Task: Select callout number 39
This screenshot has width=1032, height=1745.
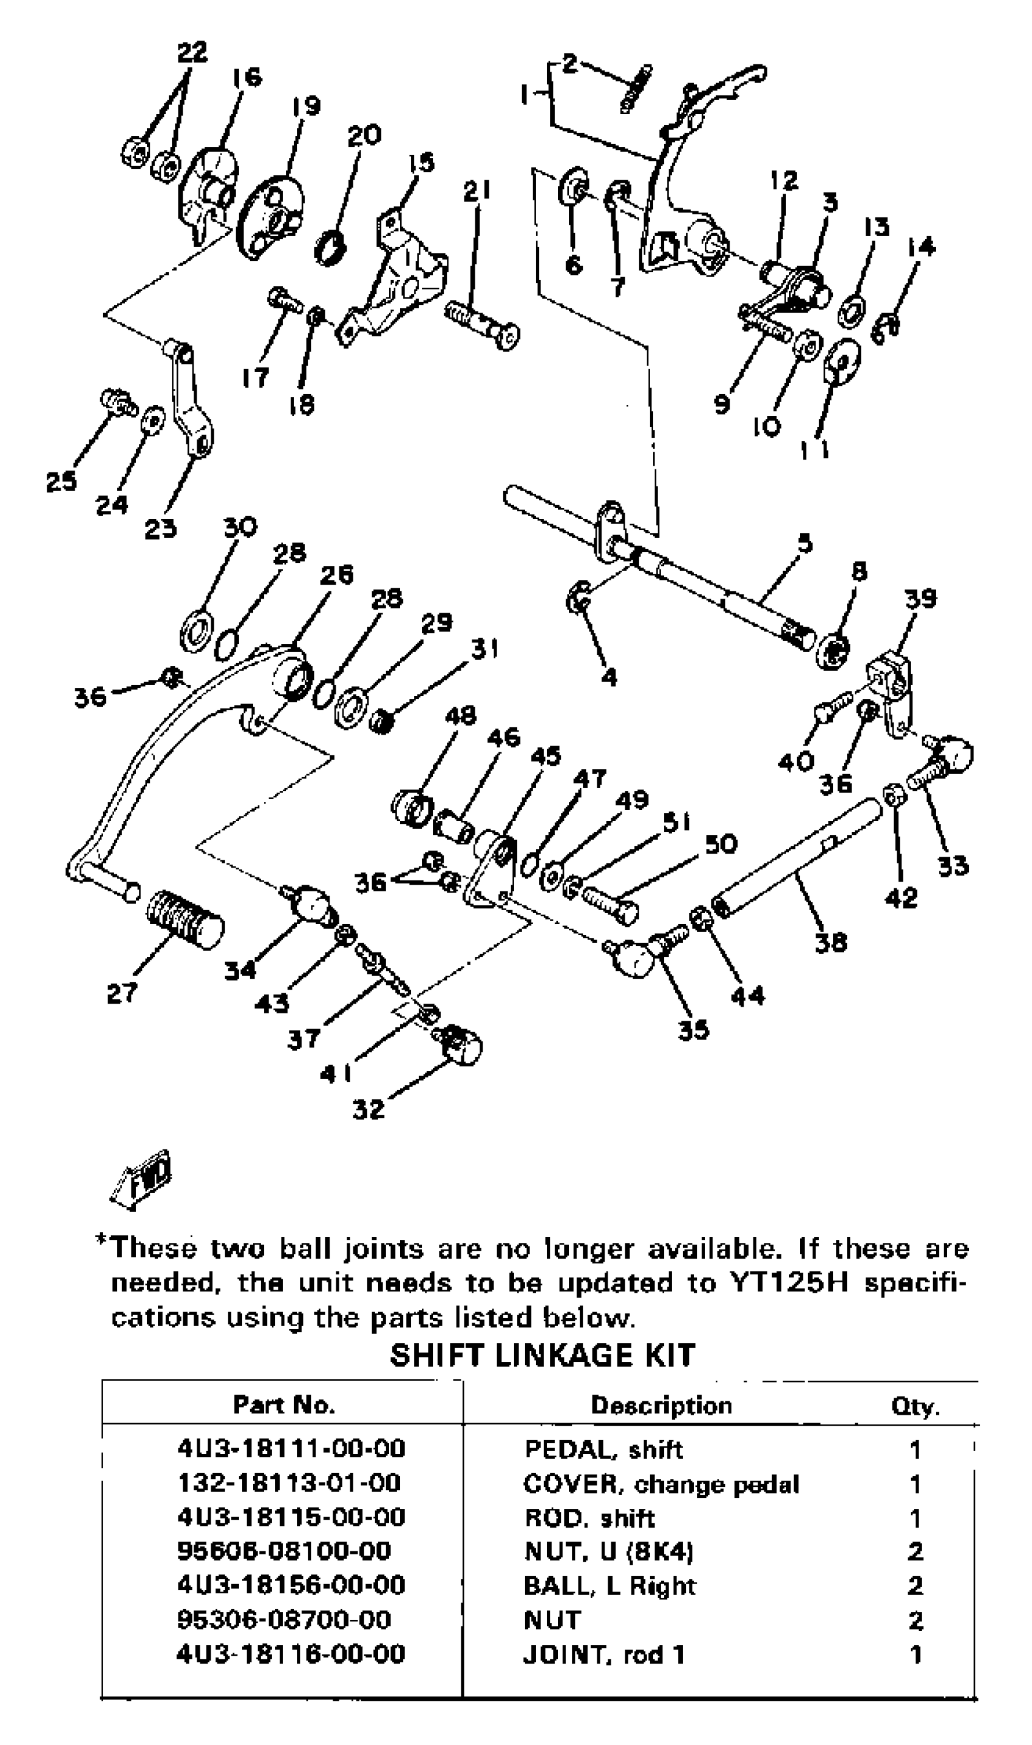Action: (x=921, y=599)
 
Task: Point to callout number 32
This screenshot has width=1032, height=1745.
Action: (x=368, y=1109)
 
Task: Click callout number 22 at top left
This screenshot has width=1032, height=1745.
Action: (x=192, y=52)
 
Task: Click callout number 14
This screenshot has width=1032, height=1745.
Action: (x=922, y=246)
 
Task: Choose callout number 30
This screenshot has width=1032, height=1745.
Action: (x=240, y=526)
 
